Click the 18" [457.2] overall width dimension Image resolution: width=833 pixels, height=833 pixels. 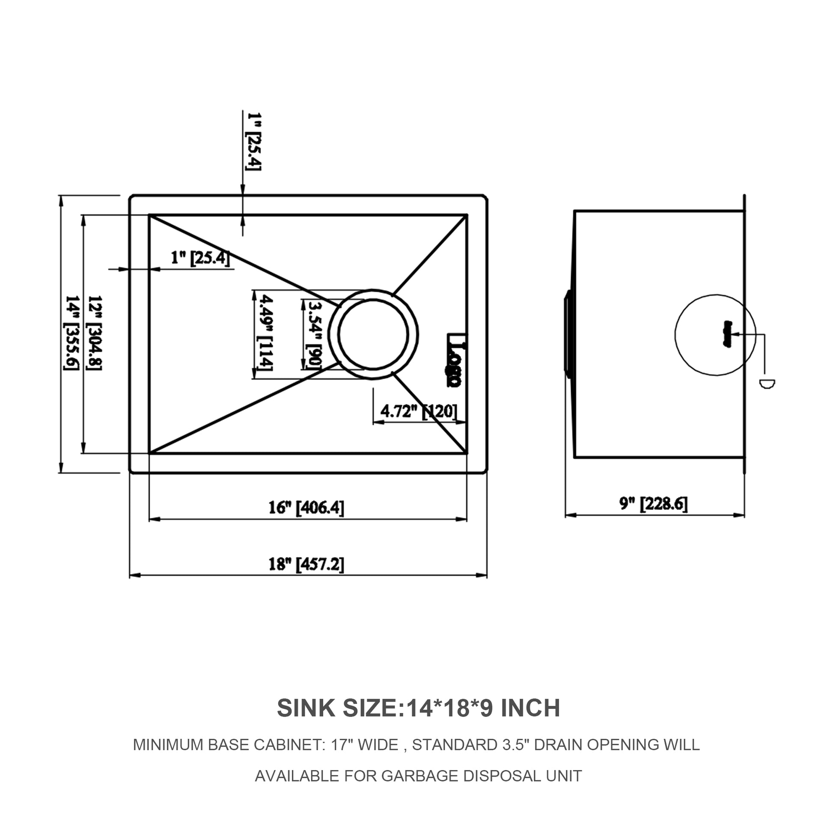tap(306, 564)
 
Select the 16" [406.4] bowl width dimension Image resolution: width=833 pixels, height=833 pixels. tap(306, 508)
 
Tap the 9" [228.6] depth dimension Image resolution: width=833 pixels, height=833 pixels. tap(653, 503)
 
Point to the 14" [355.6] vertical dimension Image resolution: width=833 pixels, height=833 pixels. tap(71, 333)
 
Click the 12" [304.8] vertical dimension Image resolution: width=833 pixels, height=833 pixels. tap(95, 333)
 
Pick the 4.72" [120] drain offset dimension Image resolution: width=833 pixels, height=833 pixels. tap(418, 411)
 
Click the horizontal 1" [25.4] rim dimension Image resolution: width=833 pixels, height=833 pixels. tap(200, 258)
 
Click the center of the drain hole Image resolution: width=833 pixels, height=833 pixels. tap(373, 334)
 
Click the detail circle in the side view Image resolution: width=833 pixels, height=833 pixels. tap(715, 335)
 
